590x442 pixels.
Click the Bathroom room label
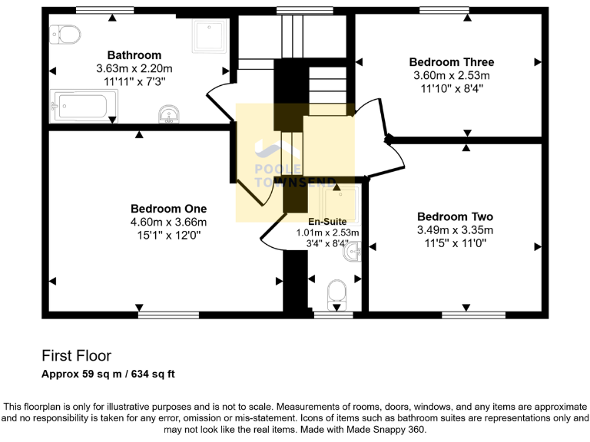click(134, 55)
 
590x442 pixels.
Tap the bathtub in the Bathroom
click(84, 105)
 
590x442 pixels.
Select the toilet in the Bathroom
click(66, 35)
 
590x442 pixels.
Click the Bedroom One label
click(168, 208)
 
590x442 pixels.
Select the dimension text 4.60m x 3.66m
click(168, 221)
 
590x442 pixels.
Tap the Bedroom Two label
click(455, 217)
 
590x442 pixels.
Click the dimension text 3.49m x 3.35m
click(455, 230)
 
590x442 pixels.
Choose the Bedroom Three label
click(451, 62)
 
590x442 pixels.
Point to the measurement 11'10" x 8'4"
click(451, 88)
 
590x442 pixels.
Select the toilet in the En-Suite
click(336, 292)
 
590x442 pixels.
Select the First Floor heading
click(76, 356)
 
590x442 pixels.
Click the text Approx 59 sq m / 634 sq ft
click(108, 374)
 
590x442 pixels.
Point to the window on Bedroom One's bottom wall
click(168, 315)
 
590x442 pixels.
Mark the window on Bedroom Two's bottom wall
click(473, 315)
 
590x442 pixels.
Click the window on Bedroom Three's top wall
click(444, 10)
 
